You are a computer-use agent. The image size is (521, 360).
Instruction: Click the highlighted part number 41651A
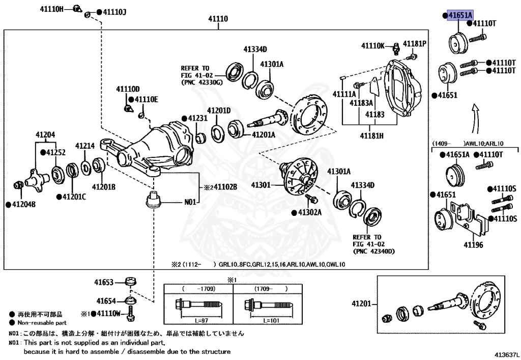click(x=459, y=16)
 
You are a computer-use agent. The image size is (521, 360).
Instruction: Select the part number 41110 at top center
click(x=218, y=19)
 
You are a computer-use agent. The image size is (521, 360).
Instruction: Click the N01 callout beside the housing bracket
click(x=190, y=202)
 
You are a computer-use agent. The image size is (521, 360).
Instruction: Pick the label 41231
click(x=198, y=118)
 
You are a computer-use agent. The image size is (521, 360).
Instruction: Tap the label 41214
click(x=85, y=146)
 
